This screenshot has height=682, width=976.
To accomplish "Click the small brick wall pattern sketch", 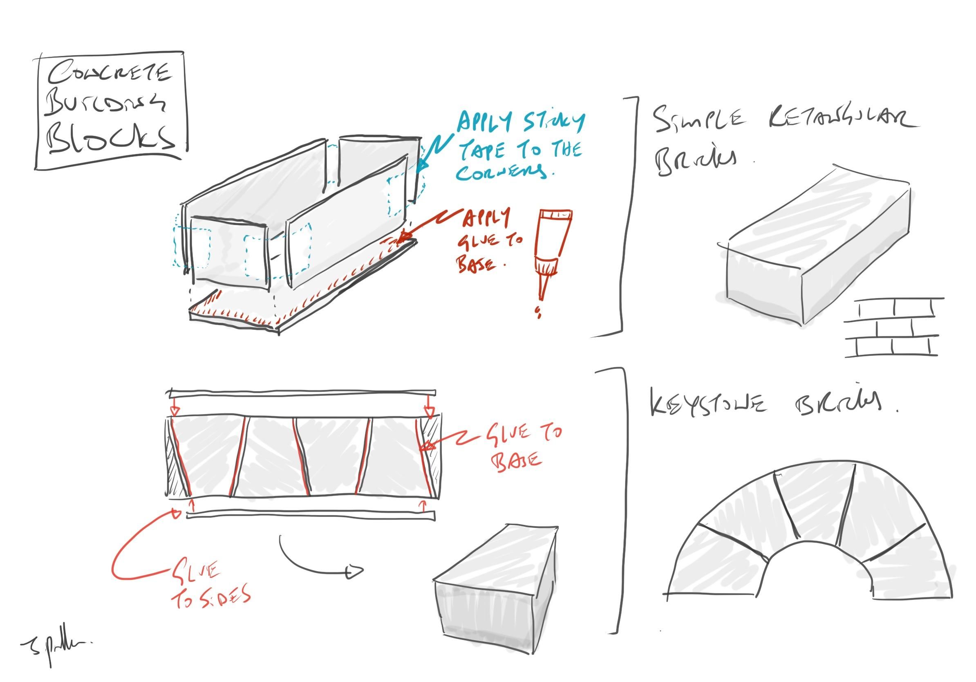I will pos(893,328).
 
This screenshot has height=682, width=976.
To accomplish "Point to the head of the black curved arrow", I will pos(356,572).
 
